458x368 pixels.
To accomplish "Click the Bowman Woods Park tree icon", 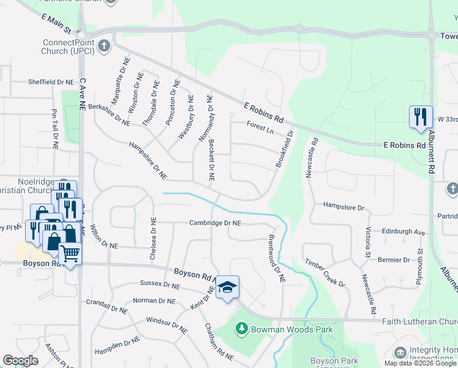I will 241,329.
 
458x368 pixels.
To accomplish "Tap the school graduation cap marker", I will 227,288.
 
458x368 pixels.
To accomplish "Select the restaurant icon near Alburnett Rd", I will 419,117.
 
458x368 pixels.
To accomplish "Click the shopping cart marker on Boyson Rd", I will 70,253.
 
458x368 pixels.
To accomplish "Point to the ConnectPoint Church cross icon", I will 105,45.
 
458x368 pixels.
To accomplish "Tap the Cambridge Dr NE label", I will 214,223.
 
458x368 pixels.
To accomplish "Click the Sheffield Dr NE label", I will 51,82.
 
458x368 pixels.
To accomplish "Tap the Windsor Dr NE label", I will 167,324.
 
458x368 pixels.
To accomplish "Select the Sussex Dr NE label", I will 160,285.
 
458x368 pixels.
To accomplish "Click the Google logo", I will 21,361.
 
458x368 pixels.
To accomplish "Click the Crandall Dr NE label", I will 107,307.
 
